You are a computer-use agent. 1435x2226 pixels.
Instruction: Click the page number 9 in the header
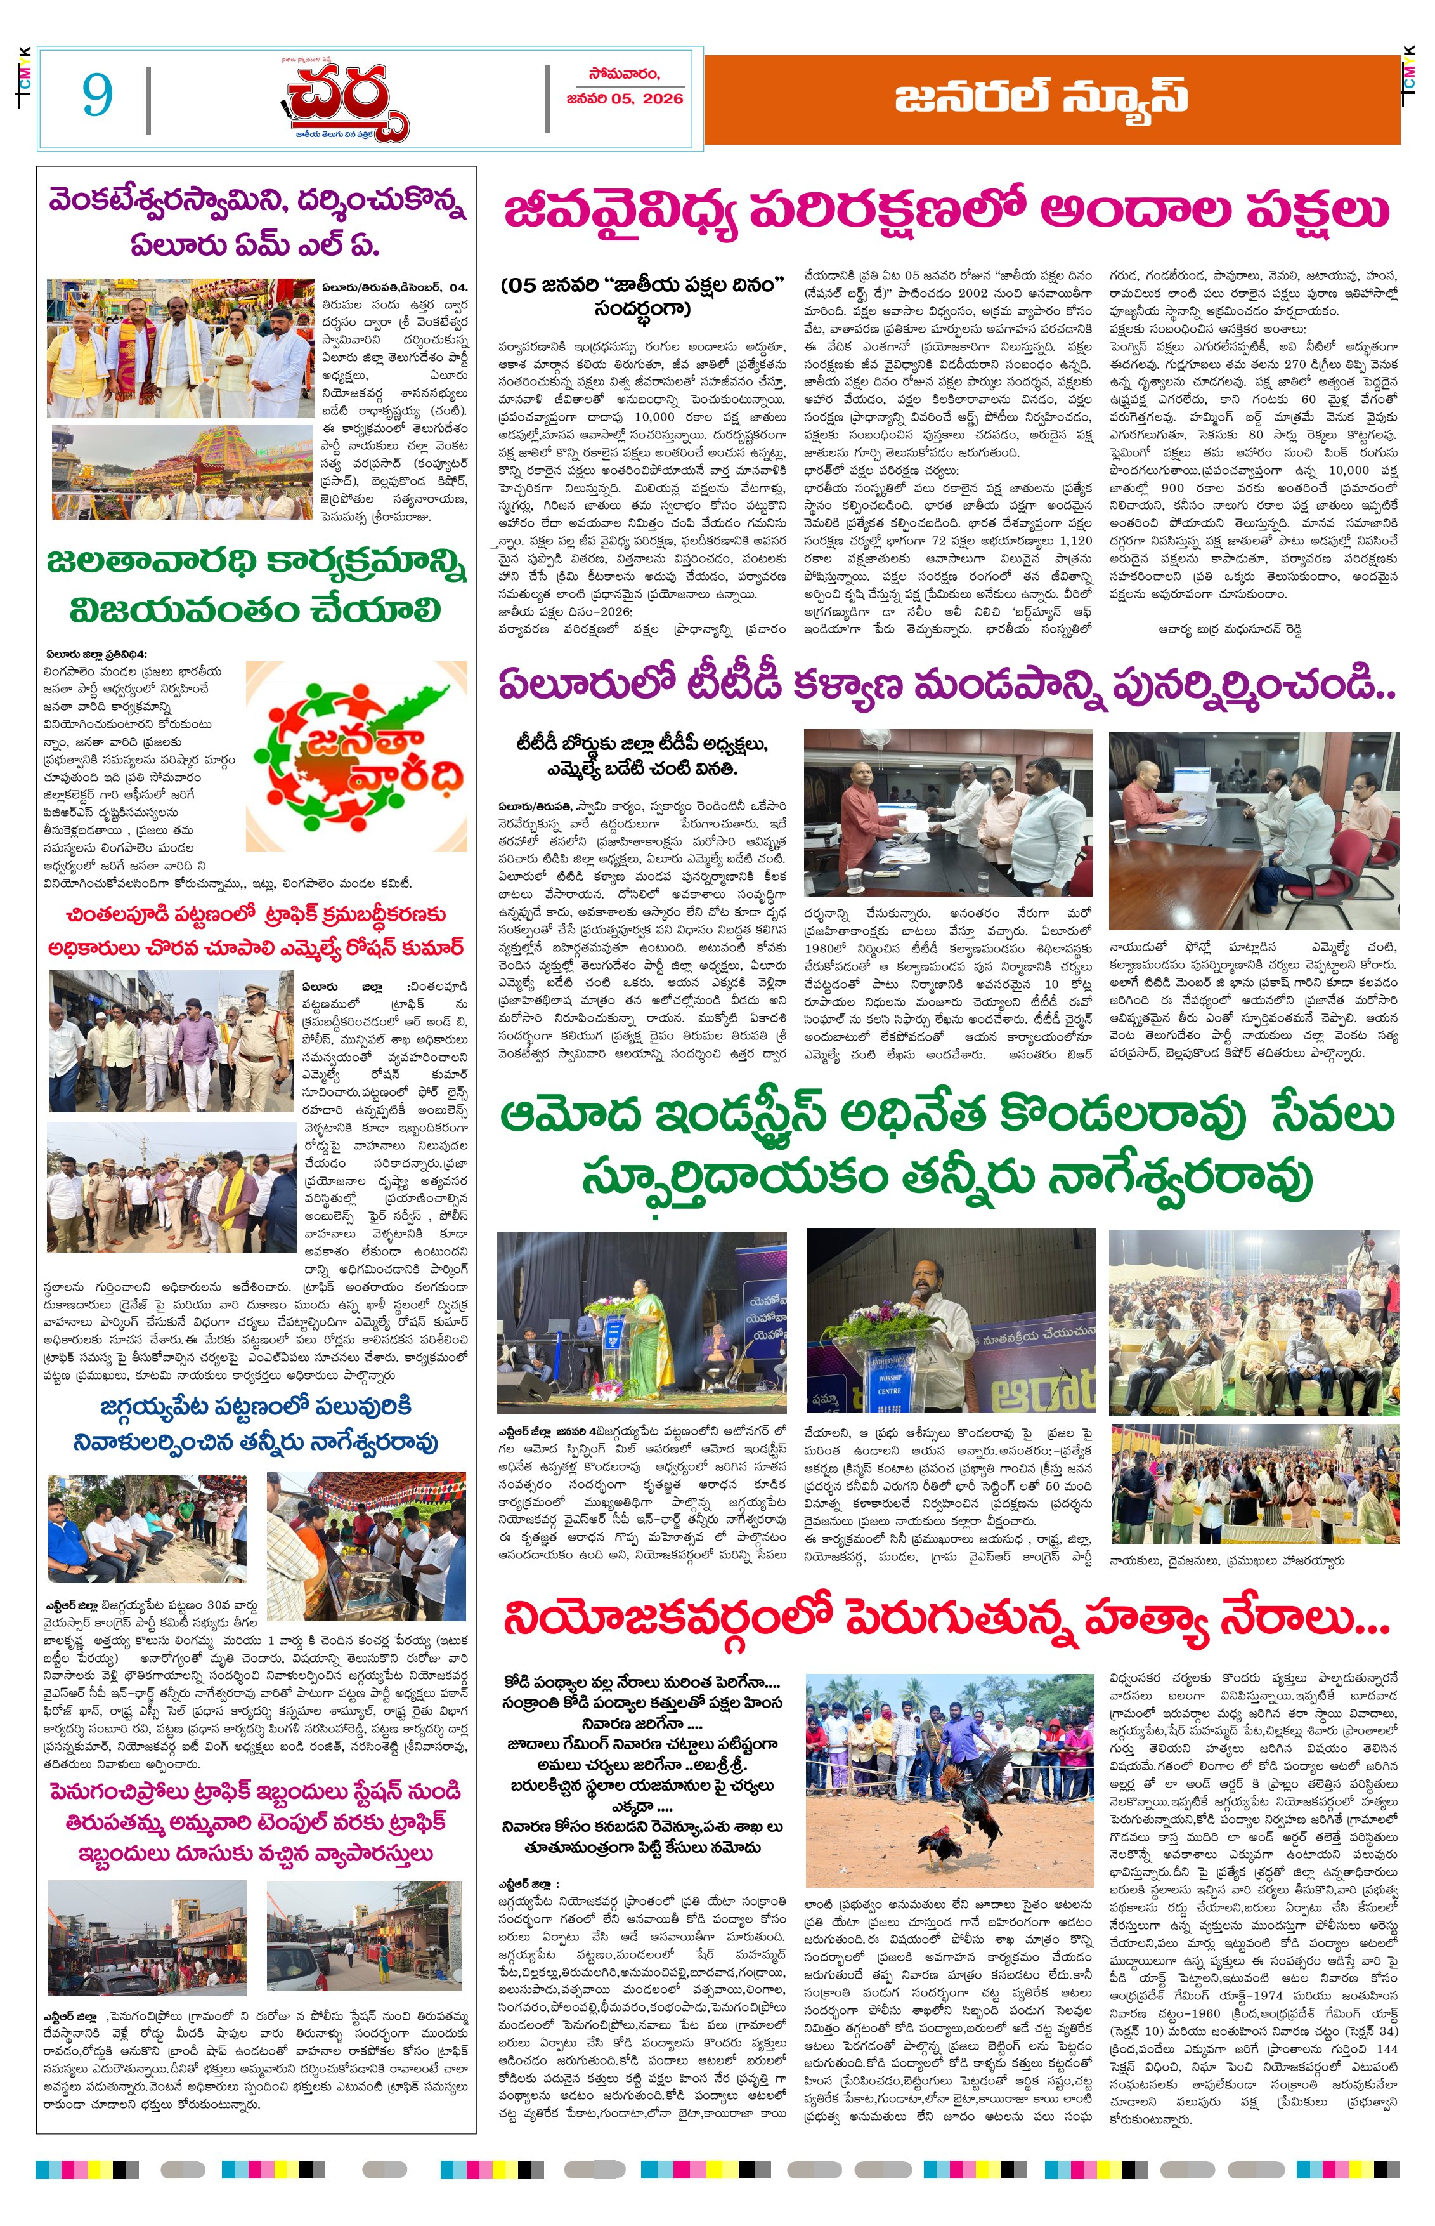click(97, 94)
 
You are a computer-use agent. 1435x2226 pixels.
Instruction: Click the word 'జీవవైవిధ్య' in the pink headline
click(621, 211)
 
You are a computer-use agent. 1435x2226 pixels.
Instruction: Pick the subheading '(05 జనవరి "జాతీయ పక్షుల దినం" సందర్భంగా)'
click(642, 296)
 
